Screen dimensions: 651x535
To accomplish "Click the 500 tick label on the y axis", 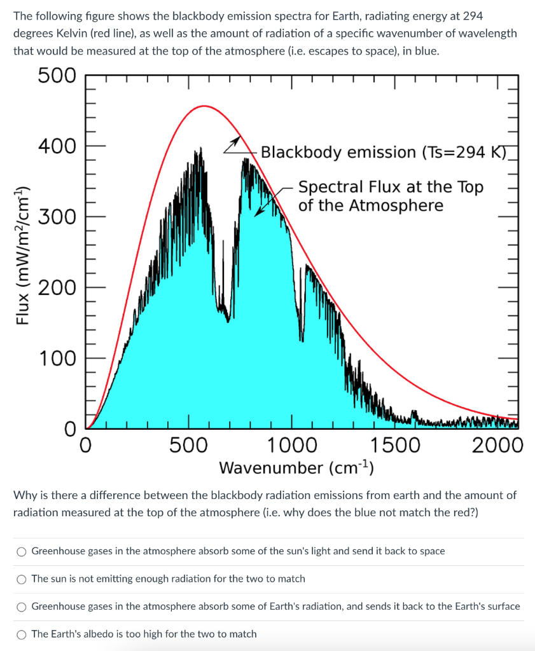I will point(57,76).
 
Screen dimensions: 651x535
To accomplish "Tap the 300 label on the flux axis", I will point(57,217).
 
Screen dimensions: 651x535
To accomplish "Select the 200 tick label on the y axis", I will point(57,287).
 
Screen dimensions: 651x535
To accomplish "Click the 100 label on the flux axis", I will point(57,358).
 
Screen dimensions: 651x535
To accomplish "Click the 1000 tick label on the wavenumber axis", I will point(292,445).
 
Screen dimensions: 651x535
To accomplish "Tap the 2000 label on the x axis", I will point(497,445).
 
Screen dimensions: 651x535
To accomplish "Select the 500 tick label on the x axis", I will point(188,445).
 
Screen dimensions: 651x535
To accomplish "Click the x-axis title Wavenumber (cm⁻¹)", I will point(296,468).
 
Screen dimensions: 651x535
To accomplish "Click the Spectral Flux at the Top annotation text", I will point(391,187).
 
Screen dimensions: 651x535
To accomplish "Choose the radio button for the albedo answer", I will point(22,634).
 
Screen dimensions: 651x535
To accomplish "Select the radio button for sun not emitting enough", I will point(22,579).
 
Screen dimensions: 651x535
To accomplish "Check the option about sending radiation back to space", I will point(22,551).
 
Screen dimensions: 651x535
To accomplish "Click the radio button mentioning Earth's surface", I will point(22,606).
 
